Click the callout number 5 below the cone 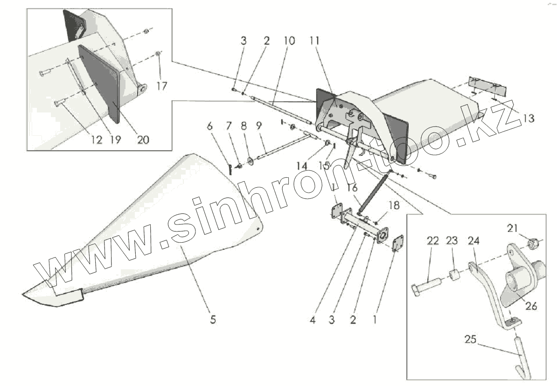(213, 320)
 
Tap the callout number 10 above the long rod (289, 41)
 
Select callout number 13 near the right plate (528, 119)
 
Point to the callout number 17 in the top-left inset (161, 86)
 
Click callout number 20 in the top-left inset (143, 139)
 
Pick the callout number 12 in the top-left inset (97, 139)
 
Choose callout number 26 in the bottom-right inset (531, 306)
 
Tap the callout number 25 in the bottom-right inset (470, 339)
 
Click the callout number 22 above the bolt (433, 241)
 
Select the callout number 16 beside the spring (352, 188)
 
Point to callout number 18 (394, 204)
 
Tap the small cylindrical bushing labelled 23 (454, 274)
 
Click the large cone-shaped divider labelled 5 (154, 224)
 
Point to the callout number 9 (259, 126)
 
